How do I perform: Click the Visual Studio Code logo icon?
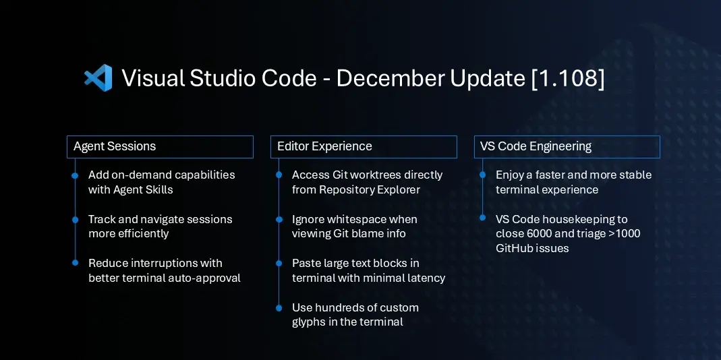(98, 78)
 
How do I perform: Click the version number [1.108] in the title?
(567, 78)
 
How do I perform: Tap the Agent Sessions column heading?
(115, 146)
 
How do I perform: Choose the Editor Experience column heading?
(324, 146)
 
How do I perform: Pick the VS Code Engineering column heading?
(536, 146)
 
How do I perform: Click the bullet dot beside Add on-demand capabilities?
(75, 175)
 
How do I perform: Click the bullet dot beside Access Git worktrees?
(279, 175)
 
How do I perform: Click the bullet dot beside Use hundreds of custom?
(279, 308)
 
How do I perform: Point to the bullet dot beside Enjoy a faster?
(482, 175)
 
